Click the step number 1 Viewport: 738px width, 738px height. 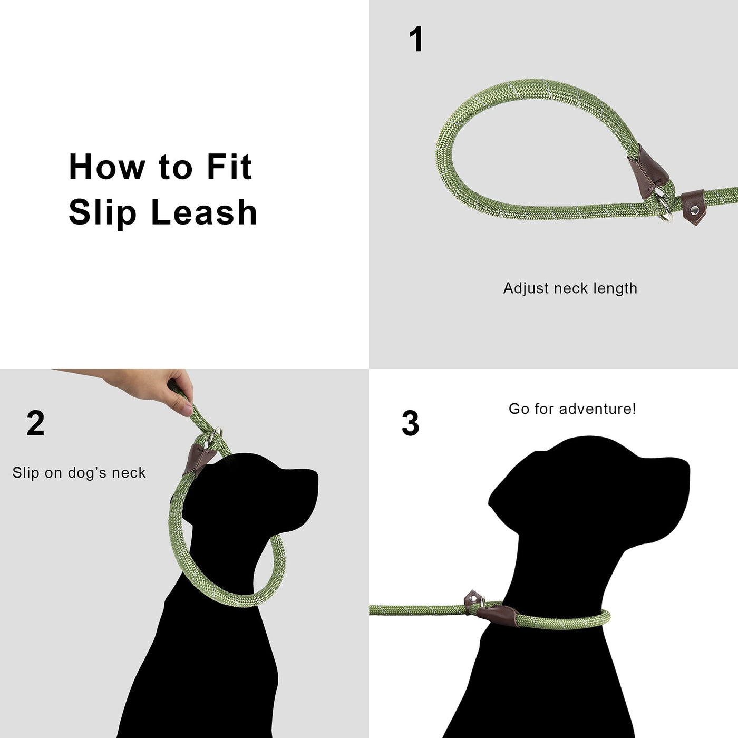coord(416,39)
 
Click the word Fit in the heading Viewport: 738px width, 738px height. coord(229,167)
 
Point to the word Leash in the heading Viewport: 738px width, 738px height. coord(204,212)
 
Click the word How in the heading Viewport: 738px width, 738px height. coord(107,167)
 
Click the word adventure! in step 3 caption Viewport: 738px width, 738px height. coord(597,409)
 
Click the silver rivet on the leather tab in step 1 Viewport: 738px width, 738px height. coord(694,209)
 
